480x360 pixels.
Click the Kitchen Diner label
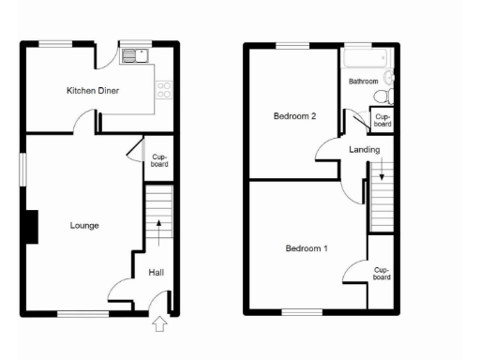pos(92,91)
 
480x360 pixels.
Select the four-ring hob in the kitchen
pos(164,90)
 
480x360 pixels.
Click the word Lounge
pos(84,225)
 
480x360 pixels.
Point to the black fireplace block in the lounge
pos(31,227)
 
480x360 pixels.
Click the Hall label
pos(157,273)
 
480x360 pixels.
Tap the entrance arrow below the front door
pos(158,324)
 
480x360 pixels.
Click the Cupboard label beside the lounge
pos(157,160)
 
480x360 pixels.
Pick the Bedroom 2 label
pos(293,116)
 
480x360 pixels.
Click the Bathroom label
pos(364,82)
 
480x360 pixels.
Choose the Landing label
pos(364,150)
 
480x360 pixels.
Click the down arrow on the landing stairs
pos(382,171)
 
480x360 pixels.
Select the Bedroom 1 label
pos(307,248)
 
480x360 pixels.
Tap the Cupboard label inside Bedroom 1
pos(381,273)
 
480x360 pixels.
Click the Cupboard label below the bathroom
pos(382,120)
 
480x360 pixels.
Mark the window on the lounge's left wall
pos(25,171)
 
